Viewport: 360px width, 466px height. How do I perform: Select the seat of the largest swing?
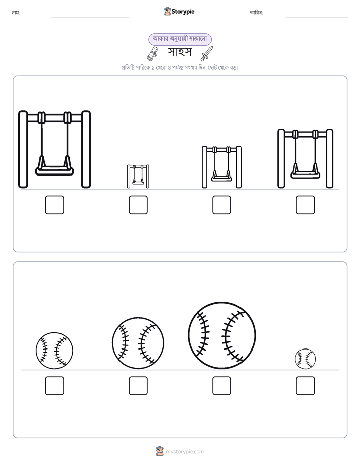(x=54, y=170)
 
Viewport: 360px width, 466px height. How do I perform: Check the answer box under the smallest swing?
(x=138, y=205)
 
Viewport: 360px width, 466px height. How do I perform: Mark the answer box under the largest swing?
(x=54, y=205)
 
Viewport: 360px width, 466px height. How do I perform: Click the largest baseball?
(x=221, y=335)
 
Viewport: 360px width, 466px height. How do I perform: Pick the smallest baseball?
(x=306, y=359)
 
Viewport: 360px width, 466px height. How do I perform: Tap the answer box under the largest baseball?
(x=222, y=386)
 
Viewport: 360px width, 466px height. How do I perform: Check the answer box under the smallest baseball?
(x=306, y=386)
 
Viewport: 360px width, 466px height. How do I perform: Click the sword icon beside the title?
(x=207, y=53)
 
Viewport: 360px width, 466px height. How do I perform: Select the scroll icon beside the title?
(x=153, y=54)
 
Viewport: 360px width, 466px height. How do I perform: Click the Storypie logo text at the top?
(x=183, y=12)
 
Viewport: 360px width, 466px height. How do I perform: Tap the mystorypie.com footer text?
(x=185, y=452)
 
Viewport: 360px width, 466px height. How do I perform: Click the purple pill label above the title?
(x=180, y=39)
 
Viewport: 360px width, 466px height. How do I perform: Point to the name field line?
(x=90, y=17)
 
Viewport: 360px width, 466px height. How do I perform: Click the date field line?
(x=317, y=17)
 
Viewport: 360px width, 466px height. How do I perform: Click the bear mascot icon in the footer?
(x=160, y=451)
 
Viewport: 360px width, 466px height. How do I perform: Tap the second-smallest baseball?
(x=54, y=351)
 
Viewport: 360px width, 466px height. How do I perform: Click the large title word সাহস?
(x=179, y=52)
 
